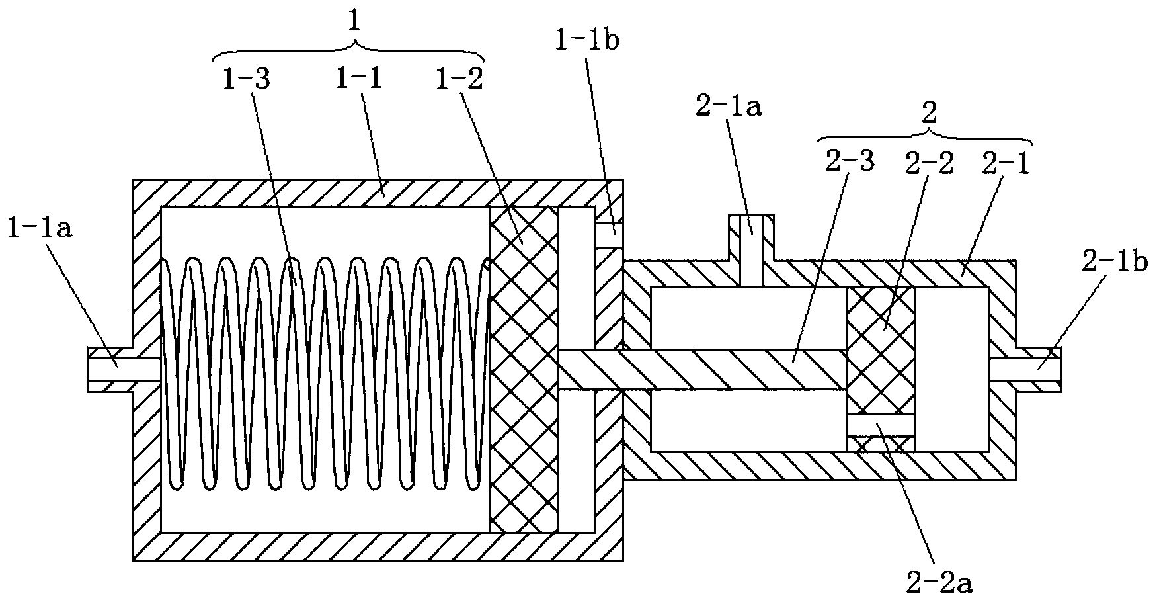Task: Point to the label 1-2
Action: (x=458, y=80)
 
